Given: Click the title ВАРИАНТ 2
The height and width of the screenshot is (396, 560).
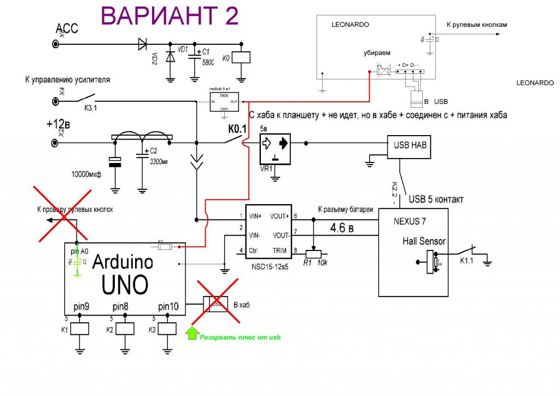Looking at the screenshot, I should click(170, 16).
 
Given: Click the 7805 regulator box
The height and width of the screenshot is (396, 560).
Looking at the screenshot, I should click(224, 102).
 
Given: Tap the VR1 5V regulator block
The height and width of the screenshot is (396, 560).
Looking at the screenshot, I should click(276, 148).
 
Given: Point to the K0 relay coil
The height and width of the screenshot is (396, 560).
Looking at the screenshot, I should click(241, 56).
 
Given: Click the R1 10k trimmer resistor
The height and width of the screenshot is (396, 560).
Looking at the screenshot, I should click(314, 253).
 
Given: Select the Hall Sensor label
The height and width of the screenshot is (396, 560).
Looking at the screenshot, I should click(424, 241).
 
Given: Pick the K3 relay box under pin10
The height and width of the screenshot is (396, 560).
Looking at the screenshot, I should click(167, 328).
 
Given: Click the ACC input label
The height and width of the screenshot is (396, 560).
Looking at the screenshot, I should click(67, 28).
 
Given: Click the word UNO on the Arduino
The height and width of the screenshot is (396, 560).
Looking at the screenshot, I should click(125, 284).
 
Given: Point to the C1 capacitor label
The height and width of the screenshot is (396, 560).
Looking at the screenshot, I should click(207, 51).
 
